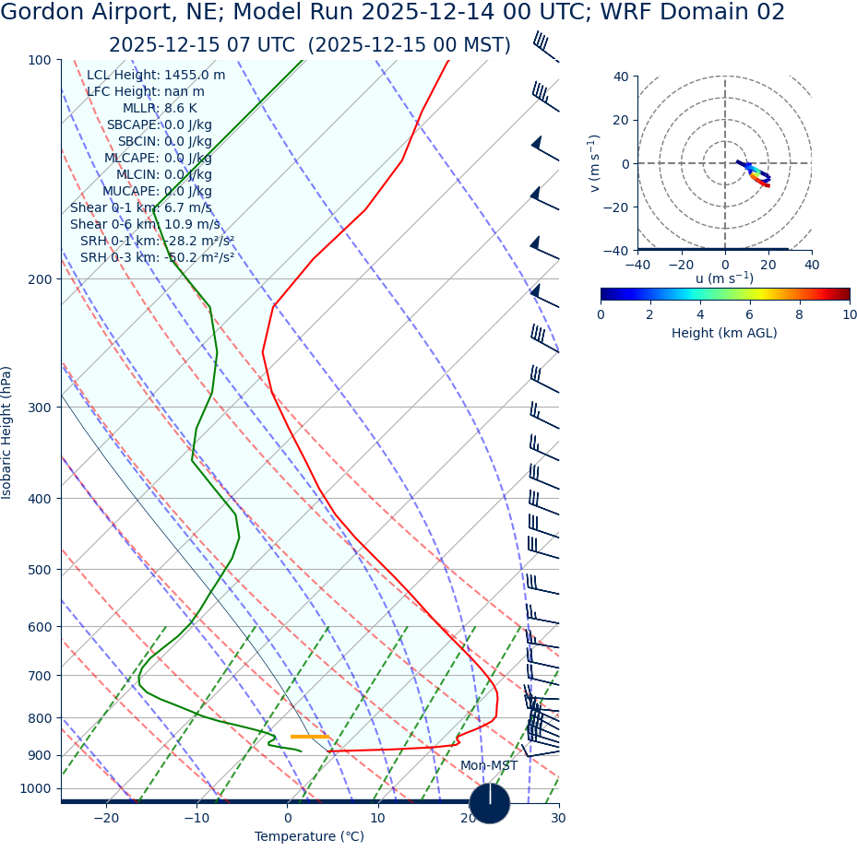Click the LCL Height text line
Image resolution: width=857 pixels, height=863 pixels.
point(155,76)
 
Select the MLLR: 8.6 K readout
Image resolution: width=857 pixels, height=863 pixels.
point(160,109)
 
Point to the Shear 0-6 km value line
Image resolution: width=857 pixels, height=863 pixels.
point(145,225)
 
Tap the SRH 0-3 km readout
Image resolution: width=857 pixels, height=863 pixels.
point(157,258)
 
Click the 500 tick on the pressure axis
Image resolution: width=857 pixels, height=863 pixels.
point(40,571)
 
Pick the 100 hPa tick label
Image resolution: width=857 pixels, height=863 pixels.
point(40,60)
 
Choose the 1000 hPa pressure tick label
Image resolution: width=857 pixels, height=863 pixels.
point(36,789)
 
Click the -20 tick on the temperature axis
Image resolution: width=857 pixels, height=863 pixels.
point(106,819)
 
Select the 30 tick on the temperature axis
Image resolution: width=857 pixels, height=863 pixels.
point(558,819)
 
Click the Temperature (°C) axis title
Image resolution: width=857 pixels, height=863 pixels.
point(309,837)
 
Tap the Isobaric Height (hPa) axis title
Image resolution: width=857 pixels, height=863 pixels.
point(7,432)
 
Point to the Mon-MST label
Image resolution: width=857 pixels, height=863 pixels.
point(489,766)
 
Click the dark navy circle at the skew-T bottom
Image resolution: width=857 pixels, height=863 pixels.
point(489,803)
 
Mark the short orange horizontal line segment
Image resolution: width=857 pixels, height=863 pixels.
point(310,737)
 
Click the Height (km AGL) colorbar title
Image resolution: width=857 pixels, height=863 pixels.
point(724,334)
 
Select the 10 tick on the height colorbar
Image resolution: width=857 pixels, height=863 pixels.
point(849,315)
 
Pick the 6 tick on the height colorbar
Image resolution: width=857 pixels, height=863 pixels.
point(750,315)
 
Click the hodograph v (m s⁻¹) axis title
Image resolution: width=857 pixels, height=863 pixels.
point(595,163)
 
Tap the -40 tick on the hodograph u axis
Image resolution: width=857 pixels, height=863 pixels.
point(637,266)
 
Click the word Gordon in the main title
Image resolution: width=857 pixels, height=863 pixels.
point(42,13)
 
